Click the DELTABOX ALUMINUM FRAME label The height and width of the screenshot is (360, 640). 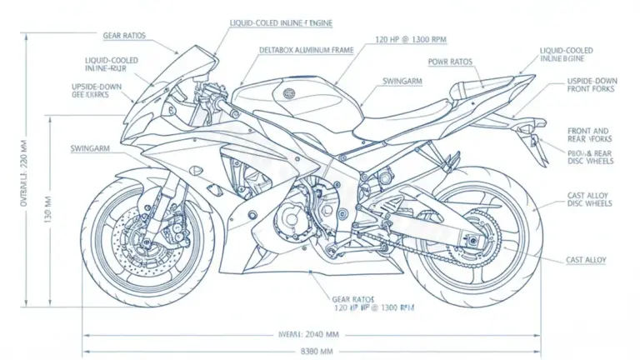coord(307,50)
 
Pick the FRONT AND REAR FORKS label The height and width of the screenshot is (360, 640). coord(587,136)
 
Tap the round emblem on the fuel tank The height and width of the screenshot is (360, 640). coord(289,93)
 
